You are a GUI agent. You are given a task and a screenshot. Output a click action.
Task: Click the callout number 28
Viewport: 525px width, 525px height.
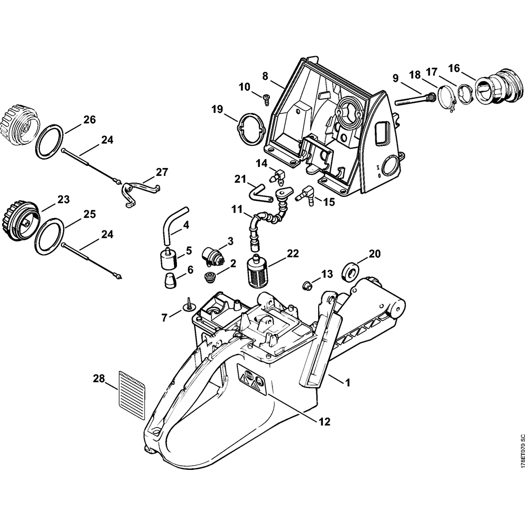98,378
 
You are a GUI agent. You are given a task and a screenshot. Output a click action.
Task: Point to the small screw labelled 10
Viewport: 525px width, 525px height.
265,96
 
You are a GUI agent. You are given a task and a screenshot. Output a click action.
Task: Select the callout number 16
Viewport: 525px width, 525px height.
454,68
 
